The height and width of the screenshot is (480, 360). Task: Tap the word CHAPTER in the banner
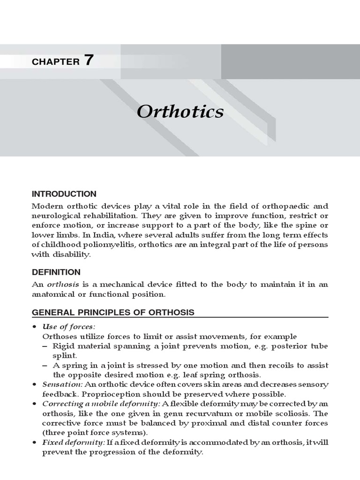(x=55, y=61)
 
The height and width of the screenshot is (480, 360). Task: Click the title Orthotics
(x=180, y=112)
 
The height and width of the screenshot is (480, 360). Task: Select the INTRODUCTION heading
(x=64, y=194)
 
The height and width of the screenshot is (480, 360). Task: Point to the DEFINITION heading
(x=56, y=272)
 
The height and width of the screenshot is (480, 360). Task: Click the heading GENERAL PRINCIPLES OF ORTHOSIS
(x=112, y=312)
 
